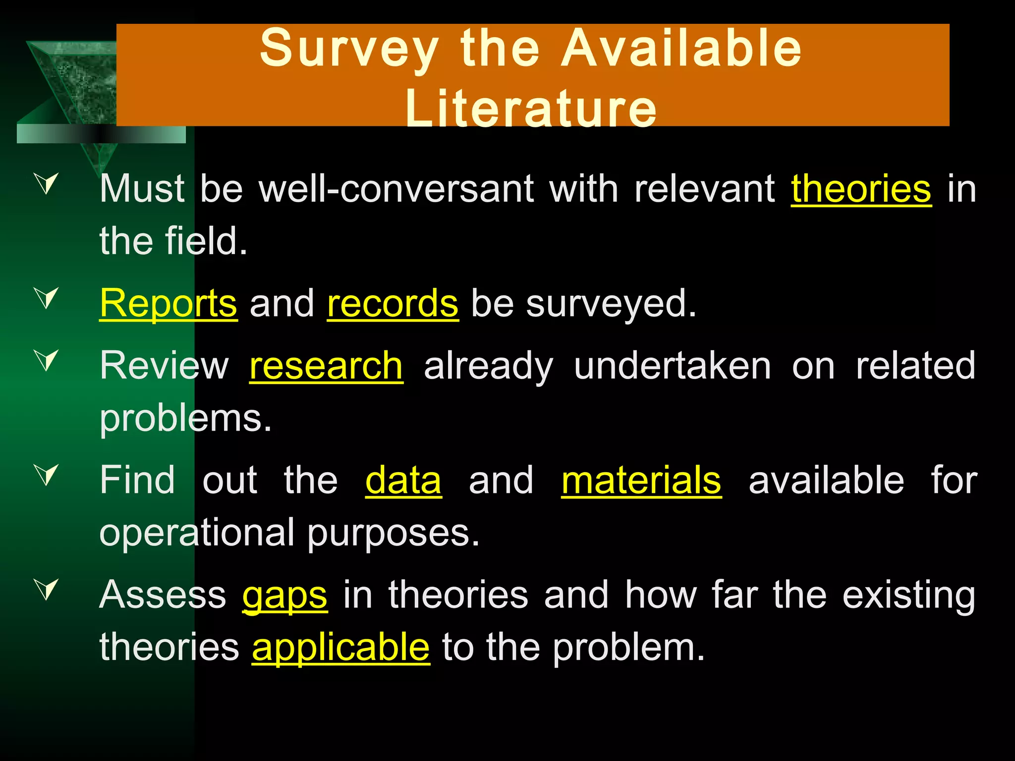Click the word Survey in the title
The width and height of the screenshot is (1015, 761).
click(x=349, y=49)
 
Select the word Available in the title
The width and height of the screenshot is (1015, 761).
click(x=681, y=49)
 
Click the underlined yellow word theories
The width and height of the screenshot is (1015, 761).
click(x=861, y=189)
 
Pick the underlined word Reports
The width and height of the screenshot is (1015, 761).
click(x=169, y=304)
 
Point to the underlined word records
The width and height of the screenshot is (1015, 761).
click(x=393, y=304)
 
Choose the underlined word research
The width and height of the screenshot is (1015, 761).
click(x=326, y=366)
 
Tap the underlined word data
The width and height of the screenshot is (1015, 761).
click(x=403, y=480)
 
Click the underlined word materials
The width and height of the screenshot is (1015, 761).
click(x=641, y=480)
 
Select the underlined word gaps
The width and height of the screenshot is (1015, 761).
click(x=285, y=595)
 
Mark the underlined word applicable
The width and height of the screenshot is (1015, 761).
click(x=341, y=647)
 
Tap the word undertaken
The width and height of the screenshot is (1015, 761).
click(x=672, y=366)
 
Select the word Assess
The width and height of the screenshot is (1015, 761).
click(x=163, y=594)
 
